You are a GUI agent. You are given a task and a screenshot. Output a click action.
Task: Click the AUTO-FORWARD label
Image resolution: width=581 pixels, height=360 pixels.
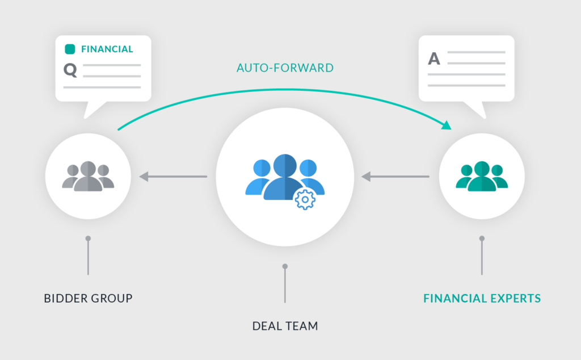285,68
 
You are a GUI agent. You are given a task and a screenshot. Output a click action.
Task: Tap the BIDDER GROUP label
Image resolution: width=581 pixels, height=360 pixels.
88,298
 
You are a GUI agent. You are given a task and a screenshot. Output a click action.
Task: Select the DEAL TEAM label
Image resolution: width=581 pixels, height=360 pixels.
285,326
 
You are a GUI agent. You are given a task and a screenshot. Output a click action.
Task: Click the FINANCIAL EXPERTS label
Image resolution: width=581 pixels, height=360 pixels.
482,298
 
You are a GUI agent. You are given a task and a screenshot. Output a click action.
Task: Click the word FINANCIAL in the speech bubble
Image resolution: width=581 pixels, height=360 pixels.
107,49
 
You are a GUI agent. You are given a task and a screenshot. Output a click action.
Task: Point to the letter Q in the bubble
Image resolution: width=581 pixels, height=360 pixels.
70,70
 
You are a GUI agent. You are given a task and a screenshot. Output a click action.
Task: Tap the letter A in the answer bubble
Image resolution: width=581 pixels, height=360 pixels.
434,58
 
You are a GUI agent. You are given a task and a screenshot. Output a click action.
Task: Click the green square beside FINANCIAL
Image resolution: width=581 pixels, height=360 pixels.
70,49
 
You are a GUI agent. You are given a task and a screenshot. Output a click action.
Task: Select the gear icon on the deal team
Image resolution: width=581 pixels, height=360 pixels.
305,199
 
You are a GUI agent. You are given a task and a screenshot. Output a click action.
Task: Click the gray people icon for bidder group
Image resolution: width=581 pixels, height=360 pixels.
88,177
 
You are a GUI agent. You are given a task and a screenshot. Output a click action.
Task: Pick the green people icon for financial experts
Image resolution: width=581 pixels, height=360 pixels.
482,177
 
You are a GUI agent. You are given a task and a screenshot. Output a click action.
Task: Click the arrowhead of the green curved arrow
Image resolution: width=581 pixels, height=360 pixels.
448,125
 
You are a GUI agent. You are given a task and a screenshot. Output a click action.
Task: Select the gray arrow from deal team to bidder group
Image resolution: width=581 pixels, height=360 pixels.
173,177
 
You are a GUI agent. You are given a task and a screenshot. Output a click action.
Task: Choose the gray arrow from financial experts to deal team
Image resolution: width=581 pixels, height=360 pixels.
395,177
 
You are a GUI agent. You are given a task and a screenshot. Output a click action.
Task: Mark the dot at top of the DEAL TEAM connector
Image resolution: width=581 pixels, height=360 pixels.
285,266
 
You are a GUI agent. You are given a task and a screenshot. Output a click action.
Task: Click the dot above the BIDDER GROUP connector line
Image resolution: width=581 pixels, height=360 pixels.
88,238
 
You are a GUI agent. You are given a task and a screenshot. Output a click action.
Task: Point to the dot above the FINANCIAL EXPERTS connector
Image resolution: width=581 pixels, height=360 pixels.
482,238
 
